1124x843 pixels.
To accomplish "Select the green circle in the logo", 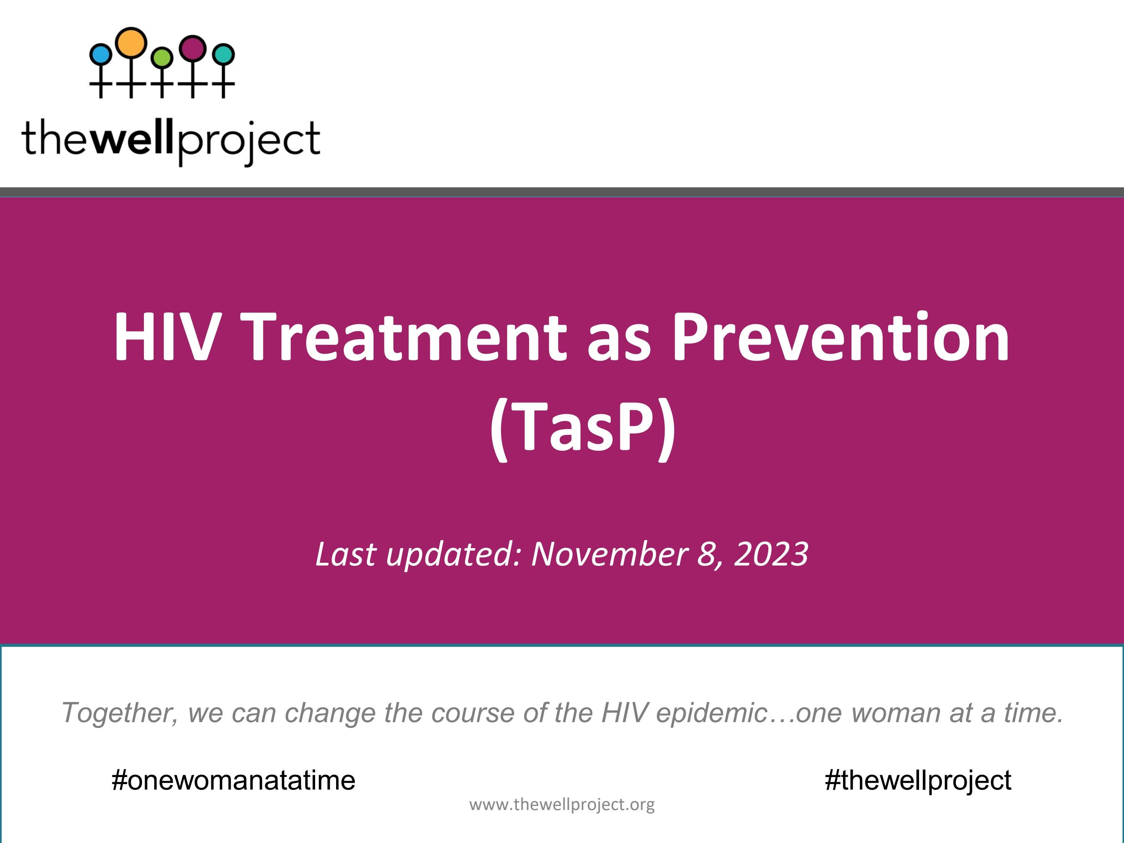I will pos(162,57).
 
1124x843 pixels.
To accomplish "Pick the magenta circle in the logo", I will pos(193,48).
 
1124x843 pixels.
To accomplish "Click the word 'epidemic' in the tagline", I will pos(711,713).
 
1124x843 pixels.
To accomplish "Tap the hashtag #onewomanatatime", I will pos(233,780).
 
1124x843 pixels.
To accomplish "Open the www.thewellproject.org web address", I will pos(562,804).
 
